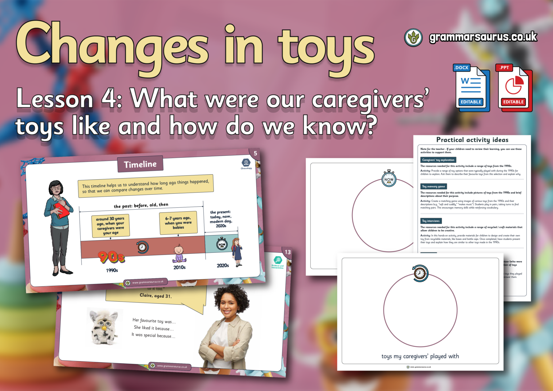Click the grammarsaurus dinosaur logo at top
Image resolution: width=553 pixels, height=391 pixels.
coord(413,37)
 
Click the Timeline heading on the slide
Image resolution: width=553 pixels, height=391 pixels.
coord(140,165)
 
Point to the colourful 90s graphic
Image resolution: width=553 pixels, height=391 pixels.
coord(111,257)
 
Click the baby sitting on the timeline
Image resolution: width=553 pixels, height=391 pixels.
coord(179,253)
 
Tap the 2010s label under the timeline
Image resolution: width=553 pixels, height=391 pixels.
coord(179,268)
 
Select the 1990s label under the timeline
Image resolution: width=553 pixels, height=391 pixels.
coord(112,270)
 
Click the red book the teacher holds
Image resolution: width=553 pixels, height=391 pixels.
coord(62,210)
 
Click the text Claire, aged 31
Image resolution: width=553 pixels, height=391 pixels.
coord(156,296)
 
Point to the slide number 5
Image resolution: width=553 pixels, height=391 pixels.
coord(255,153)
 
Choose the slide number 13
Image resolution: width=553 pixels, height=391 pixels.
coord(288,252)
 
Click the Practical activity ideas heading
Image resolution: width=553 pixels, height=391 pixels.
coord(472,140)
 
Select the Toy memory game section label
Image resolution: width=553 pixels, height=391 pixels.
coord(433,186)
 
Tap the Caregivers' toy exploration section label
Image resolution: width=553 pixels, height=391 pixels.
coord(438,160)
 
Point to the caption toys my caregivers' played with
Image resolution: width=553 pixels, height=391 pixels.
coord(420,356)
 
